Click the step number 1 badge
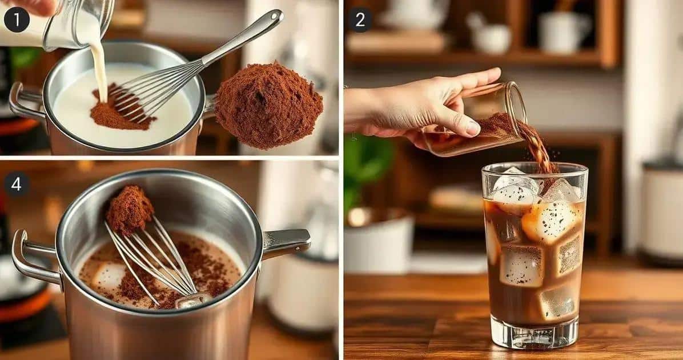point(17,19)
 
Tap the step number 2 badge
point(360,19)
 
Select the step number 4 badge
point(16,184)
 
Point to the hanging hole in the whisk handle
point(275,16)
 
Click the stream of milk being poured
point(99,65)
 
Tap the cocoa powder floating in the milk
point(118,109)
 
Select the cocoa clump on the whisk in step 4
point(130,209)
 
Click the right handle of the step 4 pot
point(286,242)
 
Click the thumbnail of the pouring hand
point(473,128)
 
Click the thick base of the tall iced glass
point(535,334)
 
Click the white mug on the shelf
point(562,31)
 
